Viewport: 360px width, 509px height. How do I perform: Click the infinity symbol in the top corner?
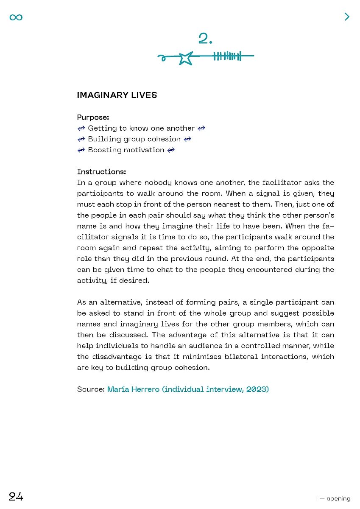[16, 17]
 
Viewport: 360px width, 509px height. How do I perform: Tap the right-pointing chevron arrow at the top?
[347, 17]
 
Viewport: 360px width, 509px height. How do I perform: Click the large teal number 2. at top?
[205, 39]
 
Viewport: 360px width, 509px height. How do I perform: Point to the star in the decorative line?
[185, 58]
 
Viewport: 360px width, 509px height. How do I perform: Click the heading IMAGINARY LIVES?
[117, 95]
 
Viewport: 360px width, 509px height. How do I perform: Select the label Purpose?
[93, 117]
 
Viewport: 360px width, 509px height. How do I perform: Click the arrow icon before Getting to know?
[81, 128]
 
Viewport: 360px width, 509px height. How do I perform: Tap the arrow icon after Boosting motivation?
[171, 150]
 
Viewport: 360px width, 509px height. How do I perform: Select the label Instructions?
[102, 172]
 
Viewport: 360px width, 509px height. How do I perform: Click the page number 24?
[16, 497]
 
